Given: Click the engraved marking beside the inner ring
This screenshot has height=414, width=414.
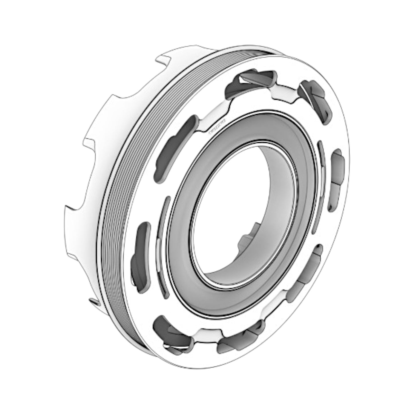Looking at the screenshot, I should [216, 127].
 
